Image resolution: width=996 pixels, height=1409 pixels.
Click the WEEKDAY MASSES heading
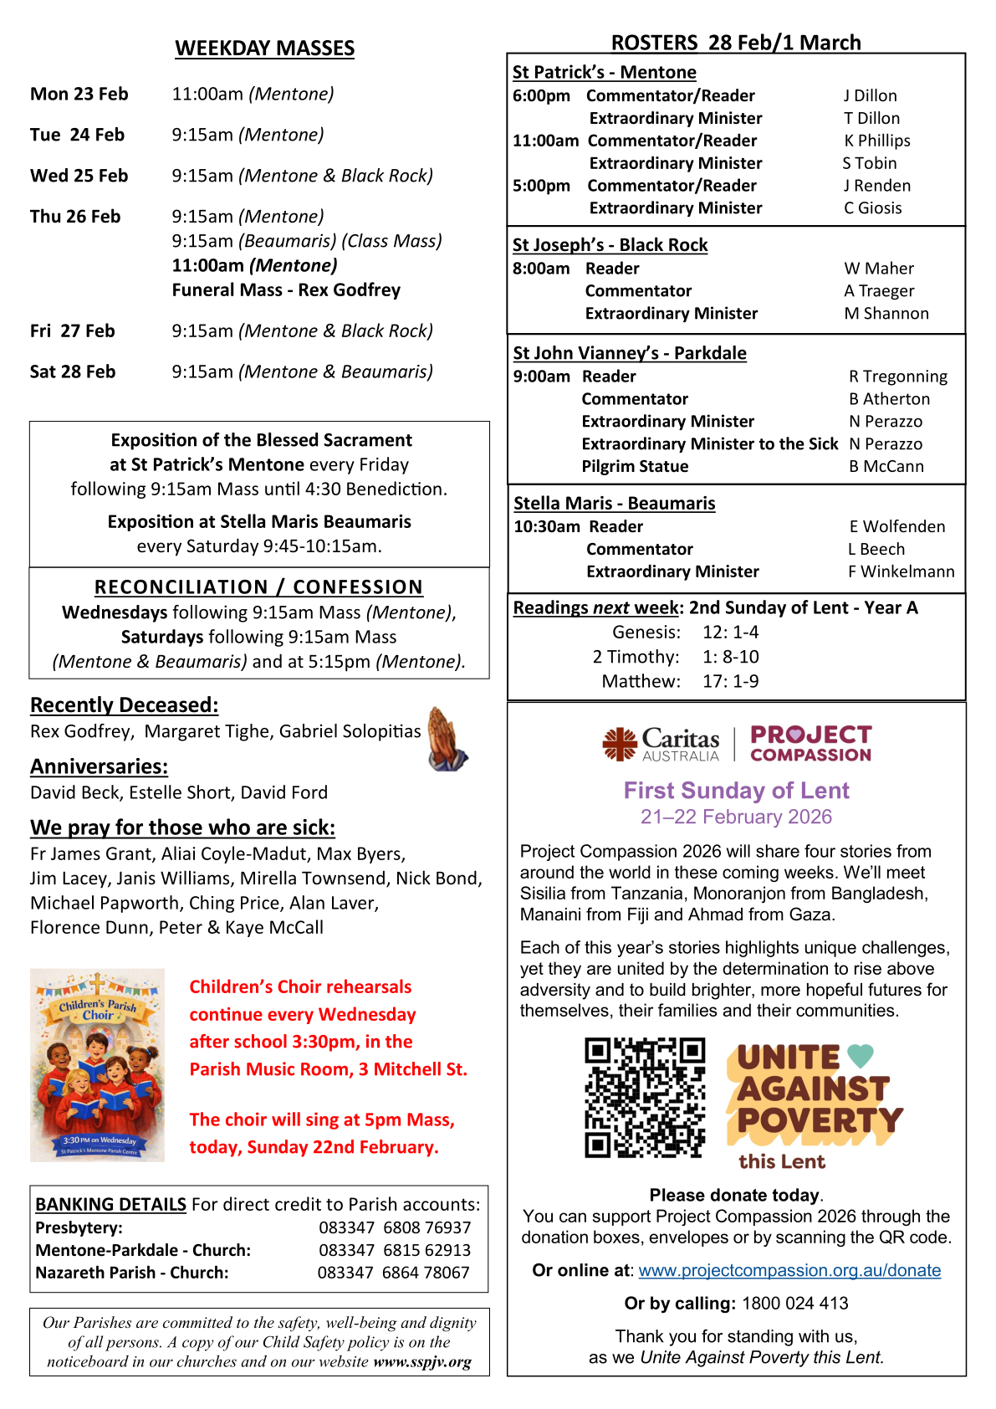(x=264, y=49)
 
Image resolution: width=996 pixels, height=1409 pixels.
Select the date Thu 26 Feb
(x=75, y=217)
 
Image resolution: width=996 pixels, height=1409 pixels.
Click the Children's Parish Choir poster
(x=97, y=1065)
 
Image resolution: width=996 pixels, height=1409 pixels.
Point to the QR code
(x=645, y=1097)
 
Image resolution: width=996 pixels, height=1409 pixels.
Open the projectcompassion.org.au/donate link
(x=789, y=1270)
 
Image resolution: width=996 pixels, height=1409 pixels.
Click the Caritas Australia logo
(x=661, y=743)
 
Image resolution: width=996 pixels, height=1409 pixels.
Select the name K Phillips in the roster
(x=876, y=141)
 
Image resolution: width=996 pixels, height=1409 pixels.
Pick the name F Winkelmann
(x=901, y=571)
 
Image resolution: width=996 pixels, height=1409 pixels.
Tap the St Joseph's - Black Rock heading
(x=610, y=245)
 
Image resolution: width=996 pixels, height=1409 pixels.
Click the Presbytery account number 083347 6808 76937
(x=395, y=1227)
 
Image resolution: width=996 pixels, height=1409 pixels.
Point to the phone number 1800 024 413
(x=794, y=1304)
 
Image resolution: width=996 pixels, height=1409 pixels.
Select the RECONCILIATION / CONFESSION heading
(x=258, y=587)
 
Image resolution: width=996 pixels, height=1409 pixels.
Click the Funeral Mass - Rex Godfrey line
(x=286, y=290)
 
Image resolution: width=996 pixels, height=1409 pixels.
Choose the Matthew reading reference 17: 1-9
(x=730, y=681)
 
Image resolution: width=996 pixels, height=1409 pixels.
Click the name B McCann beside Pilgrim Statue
(x=886, y=466)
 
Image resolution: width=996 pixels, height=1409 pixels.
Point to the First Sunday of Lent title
(x=736, y=791)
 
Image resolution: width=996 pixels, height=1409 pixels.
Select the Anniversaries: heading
(x=99, y=766)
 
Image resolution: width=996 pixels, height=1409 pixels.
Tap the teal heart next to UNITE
(x=860, y=1056)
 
